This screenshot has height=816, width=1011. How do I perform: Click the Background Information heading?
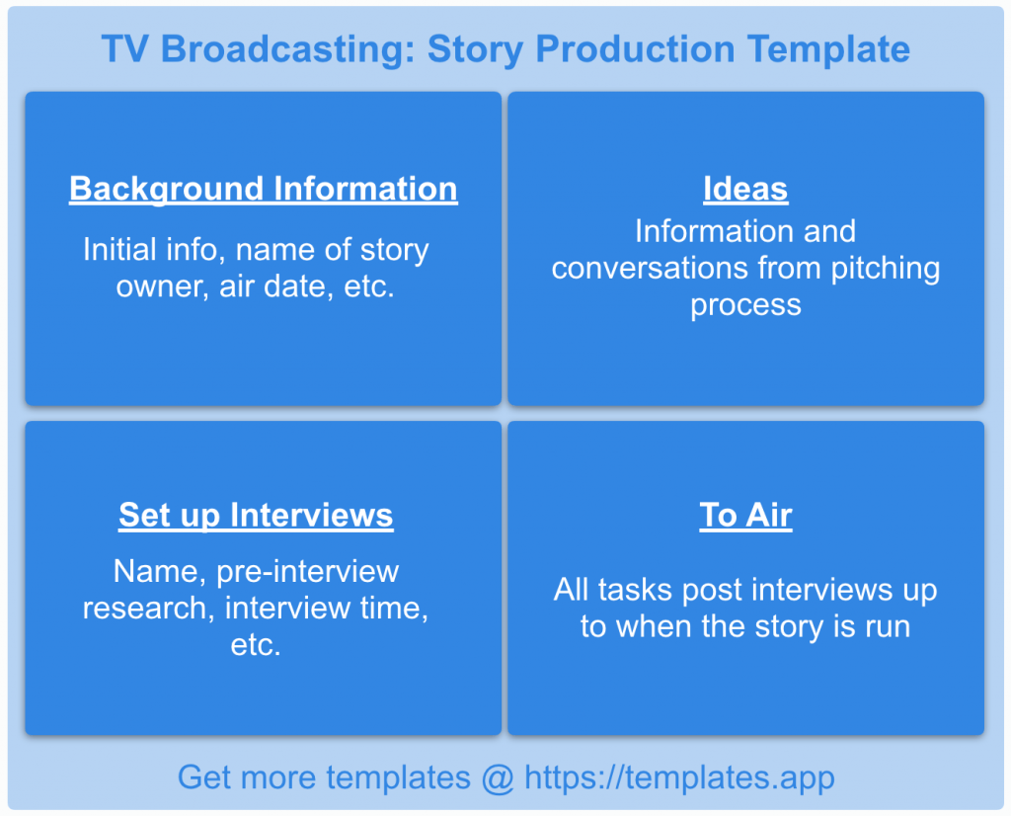coord(263,189)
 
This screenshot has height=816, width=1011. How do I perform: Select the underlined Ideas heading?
coord(745,189)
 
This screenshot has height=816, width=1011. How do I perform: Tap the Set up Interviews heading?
coord(256,515)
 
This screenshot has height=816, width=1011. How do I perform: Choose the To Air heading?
coord(745,515)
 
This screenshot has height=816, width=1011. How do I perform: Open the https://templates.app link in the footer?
coord(679,777)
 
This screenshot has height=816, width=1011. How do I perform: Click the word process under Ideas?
coord(745,304)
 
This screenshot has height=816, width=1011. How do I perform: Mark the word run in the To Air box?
coord(885,626)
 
